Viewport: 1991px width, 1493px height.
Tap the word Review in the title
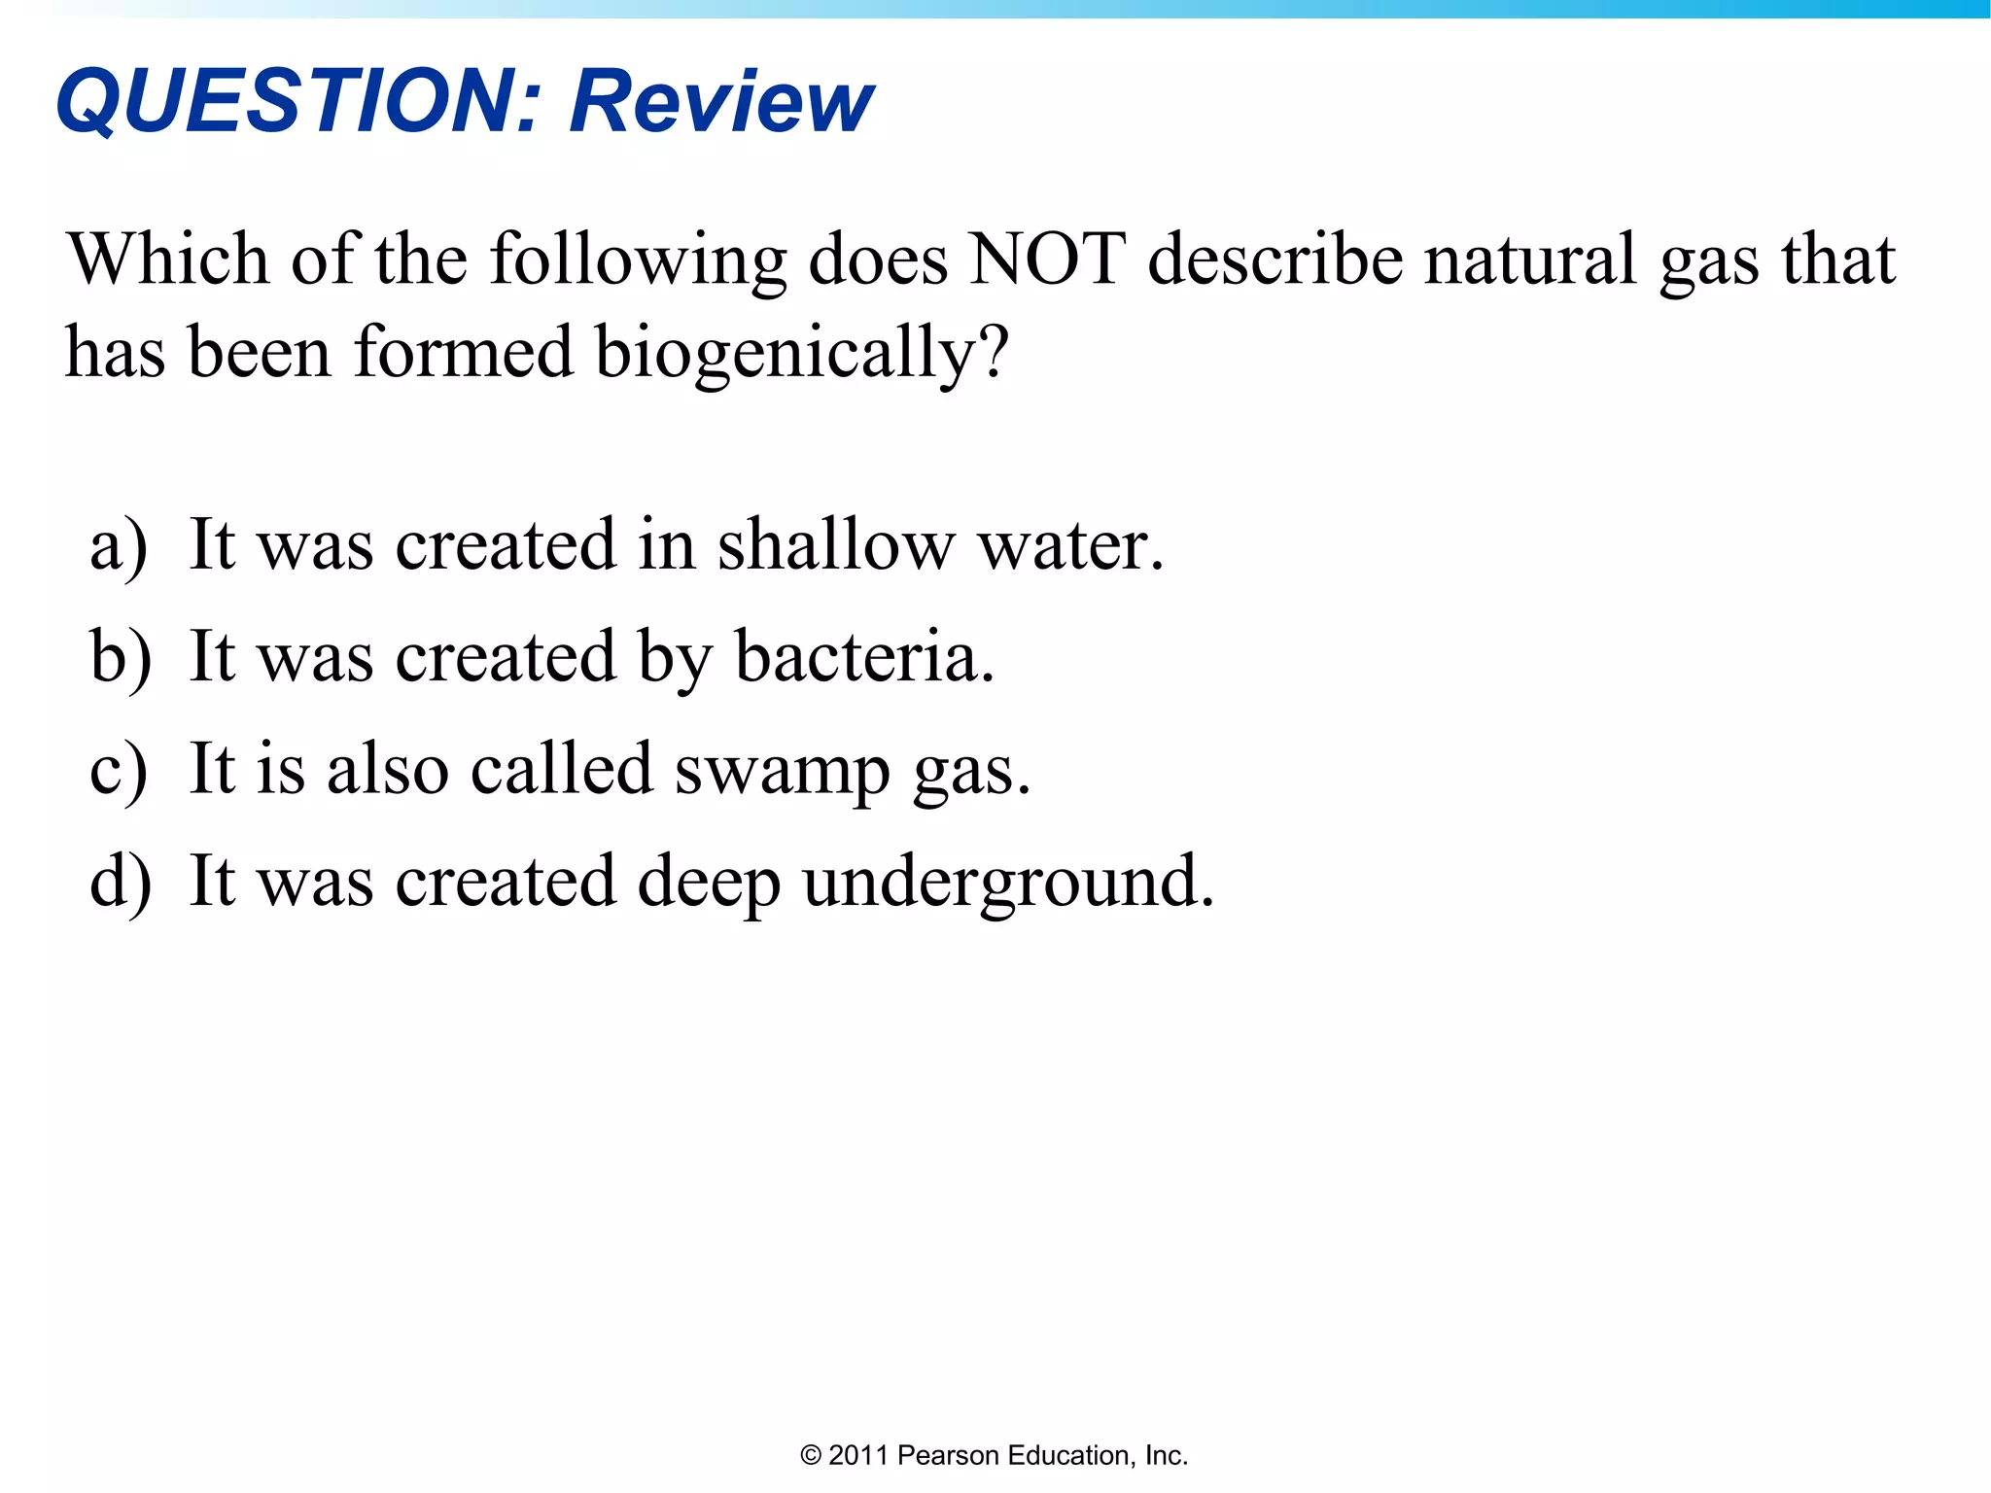tap(721, 102)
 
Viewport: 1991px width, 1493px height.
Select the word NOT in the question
tap(1048, 260)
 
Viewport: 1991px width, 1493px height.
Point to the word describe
tap(1275, 260)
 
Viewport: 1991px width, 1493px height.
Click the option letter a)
tap(119, 546)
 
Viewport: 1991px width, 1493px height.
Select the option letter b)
tap(121, 658)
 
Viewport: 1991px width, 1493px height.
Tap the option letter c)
tap(119, 771)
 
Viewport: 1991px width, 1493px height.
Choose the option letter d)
tap(121, 883)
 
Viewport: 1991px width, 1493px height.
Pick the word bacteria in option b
tap(863, 657)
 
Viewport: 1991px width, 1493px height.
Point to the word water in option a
tap(1069, 546)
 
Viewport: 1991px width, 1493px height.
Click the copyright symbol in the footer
tap(810, 1456)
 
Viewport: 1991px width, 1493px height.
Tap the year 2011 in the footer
tap(858, 1456)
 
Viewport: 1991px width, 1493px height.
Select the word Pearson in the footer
tap(948, 1456)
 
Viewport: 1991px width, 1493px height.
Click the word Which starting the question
tap(167, 260)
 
